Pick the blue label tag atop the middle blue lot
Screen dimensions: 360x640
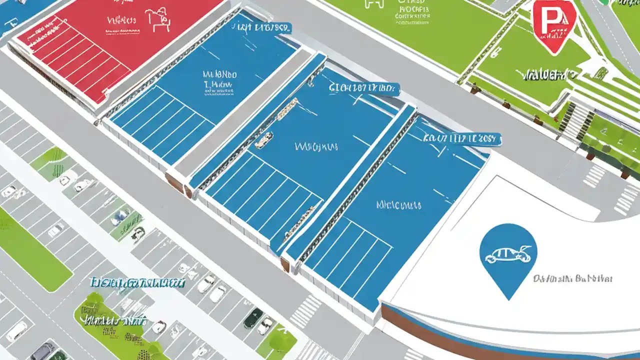coord(364,89)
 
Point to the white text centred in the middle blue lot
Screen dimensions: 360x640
coord(316,147)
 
